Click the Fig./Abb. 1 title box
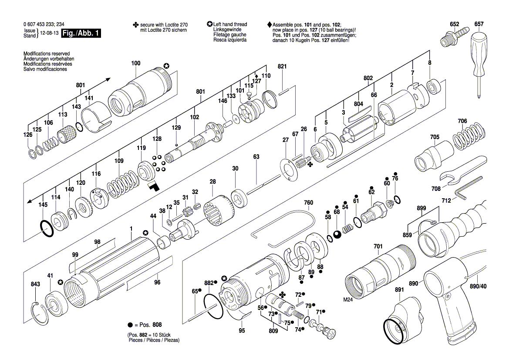(x=81, y=34)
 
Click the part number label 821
(x=283, y=66)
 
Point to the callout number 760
(x=308, y=203)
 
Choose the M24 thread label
(x=348, y=300)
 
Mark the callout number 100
(x=136, y=63)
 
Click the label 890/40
(x=478, y=286)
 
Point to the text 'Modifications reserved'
(x=47, y=54)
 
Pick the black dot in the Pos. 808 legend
(x=130, y=325)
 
